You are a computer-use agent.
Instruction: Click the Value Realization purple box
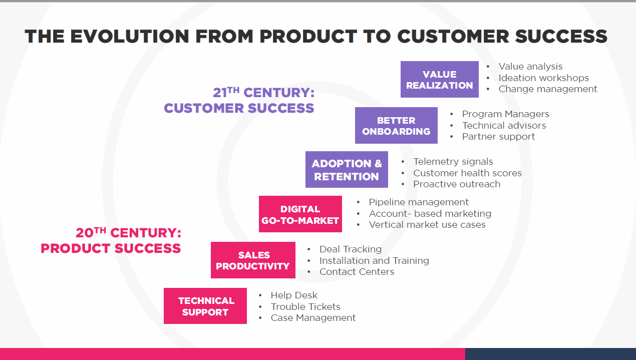click(x=440, y=79)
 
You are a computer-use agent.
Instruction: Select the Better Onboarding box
click(x=396, y=125)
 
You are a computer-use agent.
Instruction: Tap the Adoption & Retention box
click(x=347, y=170)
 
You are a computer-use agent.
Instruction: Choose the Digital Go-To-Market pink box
click(x=300, y=214)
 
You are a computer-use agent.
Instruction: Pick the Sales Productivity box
click(x=253, y=260)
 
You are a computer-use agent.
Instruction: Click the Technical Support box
click(x=205, y=306)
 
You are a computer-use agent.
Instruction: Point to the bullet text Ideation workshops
click(x=544, y=78)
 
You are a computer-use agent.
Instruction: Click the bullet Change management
click(x=548, y=89)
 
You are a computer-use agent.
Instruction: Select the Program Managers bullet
click(x=505, y=114)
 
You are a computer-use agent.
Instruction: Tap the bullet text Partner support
click(x=498, y=137)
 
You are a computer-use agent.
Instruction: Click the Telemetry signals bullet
click(x=453, y=162)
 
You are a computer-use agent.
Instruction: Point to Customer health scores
click(x=467, y=173)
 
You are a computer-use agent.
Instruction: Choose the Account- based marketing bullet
click(x=430, y=213)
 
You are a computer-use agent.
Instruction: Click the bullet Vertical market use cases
click(x=427, y=225)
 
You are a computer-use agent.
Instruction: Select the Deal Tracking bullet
click(x=351, y=249)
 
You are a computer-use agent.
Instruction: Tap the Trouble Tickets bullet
click(x=305, y=306)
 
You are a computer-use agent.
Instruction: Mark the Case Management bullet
click(x=313, y=318)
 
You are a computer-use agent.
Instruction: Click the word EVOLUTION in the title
click(x=130, y=37)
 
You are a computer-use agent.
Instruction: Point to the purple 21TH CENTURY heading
click(x=264, y=93)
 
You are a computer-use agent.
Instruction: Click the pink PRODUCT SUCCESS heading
click(x=111, y=248)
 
